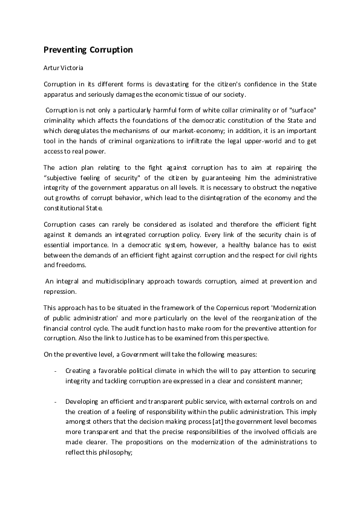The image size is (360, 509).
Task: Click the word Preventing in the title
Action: (x=65, y=50)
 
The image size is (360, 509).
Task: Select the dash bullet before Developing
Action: (x=56, y=401)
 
